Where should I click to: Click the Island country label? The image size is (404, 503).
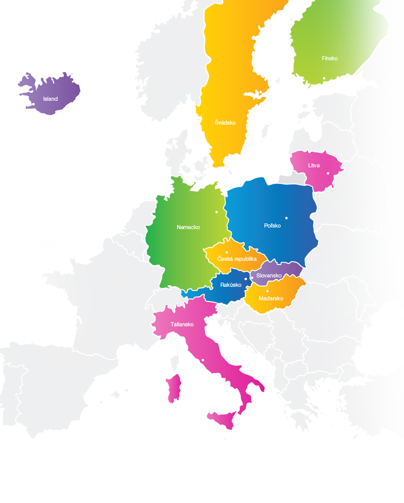(50, 99)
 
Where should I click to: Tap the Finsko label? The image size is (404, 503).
(329, 58)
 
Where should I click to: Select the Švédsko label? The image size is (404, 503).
(226, 123)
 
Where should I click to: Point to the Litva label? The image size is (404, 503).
(314, 165)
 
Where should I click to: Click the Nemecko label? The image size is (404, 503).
(188, 227)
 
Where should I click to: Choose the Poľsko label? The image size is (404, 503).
(272, 226)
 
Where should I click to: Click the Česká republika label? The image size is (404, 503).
(237, 259)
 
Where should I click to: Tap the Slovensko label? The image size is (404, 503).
(269, 275)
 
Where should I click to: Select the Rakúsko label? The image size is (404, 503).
(229, 285)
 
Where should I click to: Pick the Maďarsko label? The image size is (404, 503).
(271, 298)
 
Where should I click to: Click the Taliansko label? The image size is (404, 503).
(182, 324)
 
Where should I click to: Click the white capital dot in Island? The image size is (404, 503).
(34, 104)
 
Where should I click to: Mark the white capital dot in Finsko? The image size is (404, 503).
(324, 78)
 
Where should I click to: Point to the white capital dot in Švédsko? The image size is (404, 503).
(260, 93)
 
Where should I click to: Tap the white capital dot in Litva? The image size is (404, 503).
(328, 173)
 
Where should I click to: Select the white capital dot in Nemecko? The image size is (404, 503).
(217, 212)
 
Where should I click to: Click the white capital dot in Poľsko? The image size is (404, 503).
(286, 218)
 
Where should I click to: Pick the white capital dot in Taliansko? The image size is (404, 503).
(203, 360)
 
